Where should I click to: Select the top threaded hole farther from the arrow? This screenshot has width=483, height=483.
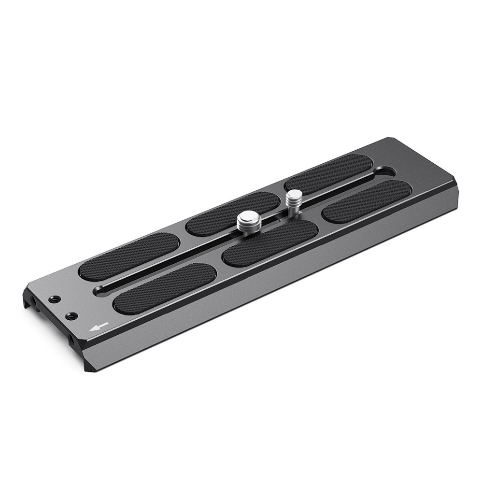[x=54, y=299]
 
